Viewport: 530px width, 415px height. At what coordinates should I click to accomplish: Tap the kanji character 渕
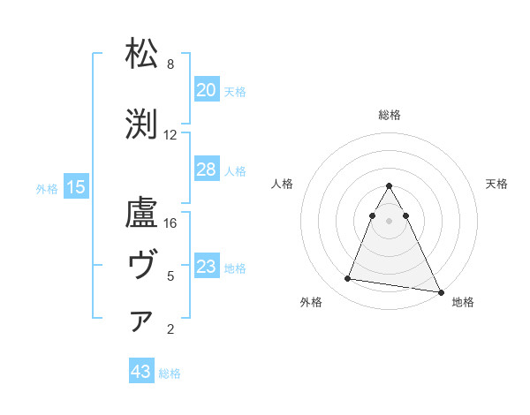(x=142, y=124)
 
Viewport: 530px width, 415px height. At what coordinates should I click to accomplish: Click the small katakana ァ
(x=141, y=321)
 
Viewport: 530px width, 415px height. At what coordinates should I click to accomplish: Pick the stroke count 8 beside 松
(x=170, y=64)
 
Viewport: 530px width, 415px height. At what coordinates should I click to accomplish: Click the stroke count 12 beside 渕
(x=170, y=135)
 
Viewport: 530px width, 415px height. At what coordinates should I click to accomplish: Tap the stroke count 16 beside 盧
(x=170, y=223)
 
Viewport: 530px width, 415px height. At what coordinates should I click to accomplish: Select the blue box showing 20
(x=207, y=90)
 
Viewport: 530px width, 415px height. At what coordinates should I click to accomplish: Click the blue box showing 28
(x=207, y=170)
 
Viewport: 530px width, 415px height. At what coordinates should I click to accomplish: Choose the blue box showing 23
(x=207, y=267)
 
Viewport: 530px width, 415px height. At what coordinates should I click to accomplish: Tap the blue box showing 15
(x=76, y=187)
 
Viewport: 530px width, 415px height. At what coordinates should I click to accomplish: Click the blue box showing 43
(x=141, y=373)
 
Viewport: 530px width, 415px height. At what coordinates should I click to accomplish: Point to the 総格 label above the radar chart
(x=389, y=115)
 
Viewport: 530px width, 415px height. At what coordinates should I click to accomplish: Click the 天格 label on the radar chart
(x=496, y=184)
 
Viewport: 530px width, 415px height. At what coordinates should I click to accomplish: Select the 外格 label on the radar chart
(x=311, y=302)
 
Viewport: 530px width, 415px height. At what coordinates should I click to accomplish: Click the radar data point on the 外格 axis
(x=348, y=279)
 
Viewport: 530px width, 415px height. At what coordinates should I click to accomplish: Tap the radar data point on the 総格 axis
(x=389, y=186)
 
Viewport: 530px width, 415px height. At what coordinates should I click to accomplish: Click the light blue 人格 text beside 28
(x=235, y=170)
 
